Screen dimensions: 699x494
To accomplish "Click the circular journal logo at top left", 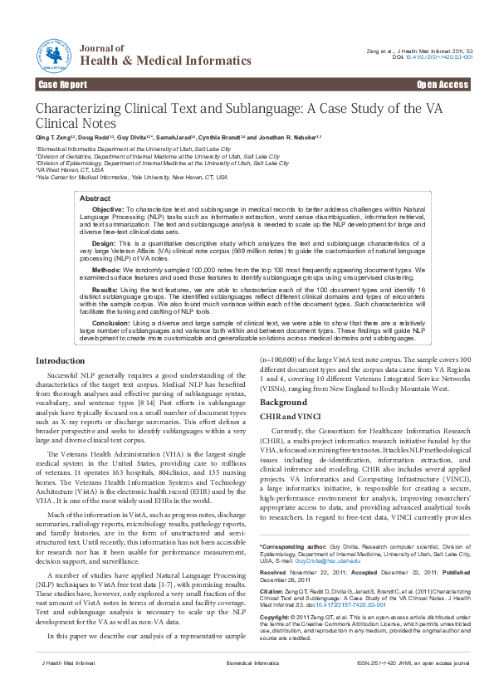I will point(54,54).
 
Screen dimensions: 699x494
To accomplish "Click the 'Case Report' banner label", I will point(62,85).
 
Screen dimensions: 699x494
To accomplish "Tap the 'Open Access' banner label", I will point(442,85).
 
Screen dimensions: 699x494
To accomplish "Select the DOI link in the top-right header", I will point(446,57).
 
